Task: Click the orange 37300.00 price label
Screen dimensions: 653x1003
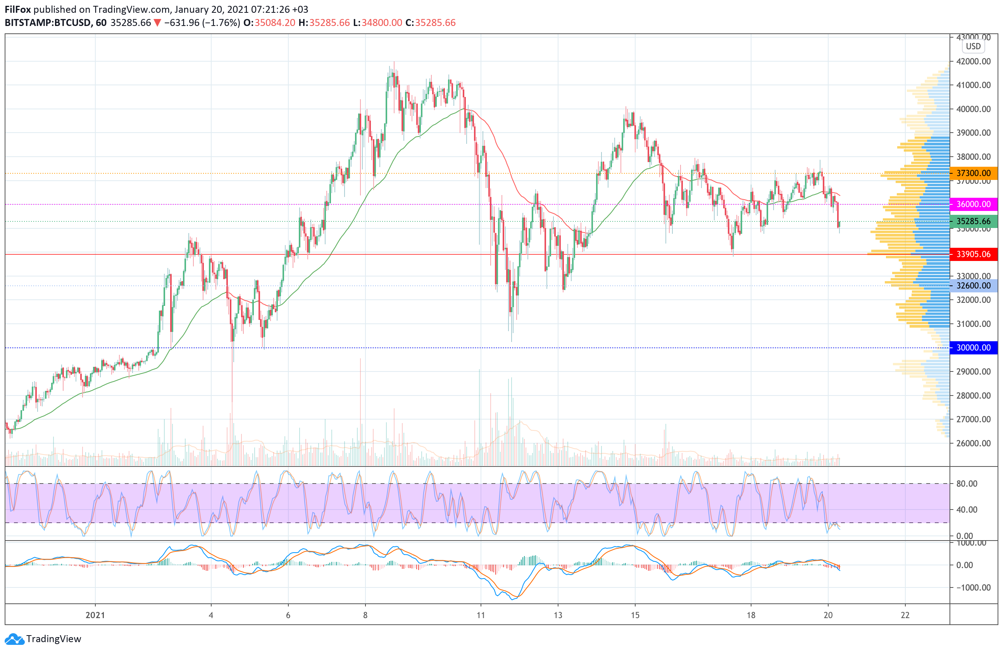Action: [974, 173]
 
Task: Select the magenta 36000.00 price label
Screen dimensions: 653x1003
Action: [974, 204]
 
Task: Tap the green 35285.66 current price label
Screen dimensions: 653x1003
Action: [974, 221]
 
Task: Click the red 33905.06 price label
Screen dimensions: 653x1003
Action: [974, 254]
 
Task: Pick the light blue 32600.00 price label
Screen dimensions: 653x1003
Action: [974, 285]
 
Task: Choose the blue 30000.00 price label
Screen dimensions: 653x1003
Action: [974, 347]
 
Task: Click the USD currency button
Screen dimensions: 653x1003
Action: [973, 47]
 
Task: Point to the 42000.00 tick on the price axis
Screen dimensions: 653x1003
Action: [974, 62]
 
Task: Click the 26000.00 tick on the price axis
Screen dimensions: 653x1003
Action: [974, 443]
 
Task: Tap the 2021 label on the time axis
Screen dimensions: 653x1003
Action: [95, 615]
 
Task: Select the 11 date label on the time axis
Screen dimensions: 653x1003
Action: [481, 615]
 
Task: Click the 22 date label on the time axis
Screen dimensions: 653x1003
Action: [905, 615]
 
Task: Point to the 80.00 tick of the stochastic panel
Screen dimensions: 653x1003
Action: [967, 484]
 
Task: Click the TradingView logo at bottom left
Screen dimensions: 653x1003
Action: [43, 639]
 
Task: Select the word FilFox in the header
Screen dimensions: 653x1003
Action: [18, 9]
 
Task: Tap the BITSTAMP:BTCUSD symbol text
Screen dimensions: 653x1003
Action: [48, 23]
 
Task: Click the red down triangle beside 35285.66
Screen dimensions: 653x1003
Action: [157, 23]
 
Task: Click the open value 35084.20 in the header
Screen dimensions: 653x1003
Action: [275, 23]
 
